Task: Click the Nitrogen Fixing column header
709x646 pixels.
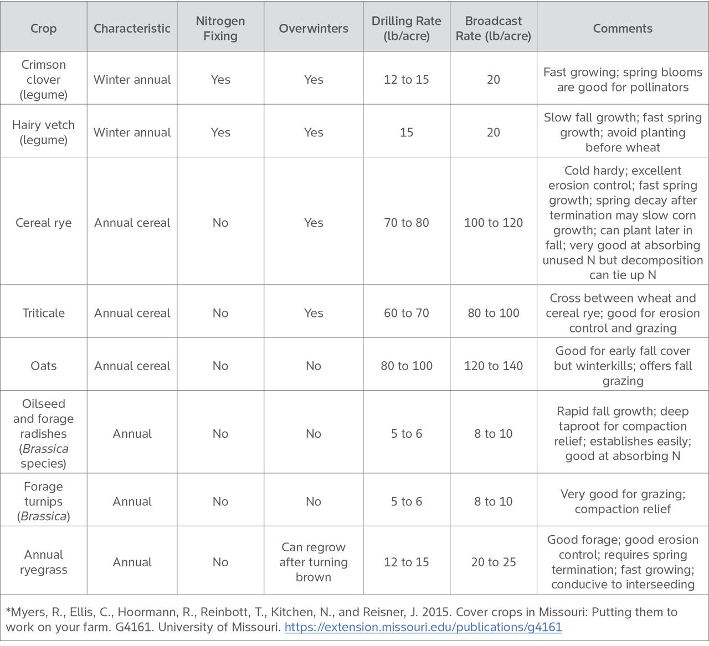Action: click(220, 28)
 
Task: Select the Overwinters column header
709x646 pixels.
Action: click(314, 28)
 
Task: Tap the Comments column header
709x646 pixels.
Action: click(623, 28)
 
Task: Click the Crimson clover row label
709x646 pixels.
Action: click(43, 79)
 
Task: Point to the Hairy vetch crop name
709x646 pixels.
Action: click(43, 132)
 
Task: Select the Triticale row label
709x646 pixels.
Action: click(43, 313)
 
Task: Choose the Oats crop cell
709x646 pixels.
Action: click(43, 366)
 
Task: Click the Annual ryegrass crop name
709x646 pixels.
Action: click(43, 562)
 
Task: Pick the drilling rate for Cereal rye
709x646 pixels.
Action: click(407, 223)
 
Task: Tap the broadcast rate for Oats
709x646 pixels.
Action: click(494, 366)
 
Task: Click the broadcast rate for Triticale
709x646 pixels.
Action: click(494, 313)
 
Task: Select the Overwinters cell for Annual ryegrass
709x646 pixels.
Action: click(314, 562)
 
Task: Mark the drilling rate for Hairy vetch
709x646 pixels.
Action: click(407, 132)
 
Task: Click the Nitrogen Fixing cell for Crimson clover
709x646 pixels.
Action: click(220, 79)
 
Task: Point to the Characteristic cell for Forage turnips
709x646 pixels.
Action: click(132, 501)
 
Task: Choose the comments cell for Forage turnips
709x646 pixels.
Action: click(623, 501)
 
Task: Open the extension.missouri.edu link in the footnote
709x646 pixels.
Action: click(423, 627)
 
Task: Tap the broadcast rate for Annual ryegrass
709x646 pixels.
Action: click(494, 562)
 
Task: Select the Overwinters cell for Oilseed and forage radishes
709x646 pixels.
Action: click(314, 434)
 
